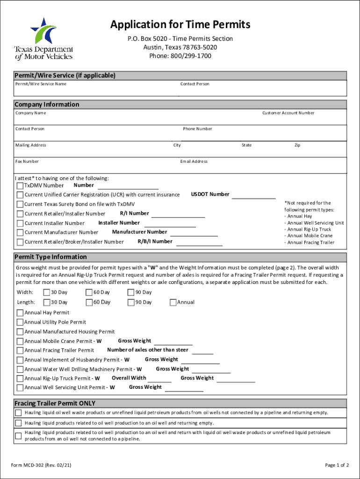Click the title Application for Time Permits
[x=180, y=24]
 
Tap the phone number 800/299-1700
[x=180, y=56]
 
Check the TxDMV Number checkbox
[x=20, y=186]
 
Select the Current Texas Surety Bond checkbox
[x=20, y=204]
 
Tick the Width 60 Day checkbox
[x=89, y=292]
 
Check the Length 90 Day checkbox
[x=131, y=302]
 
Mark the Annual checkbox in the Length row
[x=173, y=302]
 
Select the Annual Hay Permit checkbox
[x=20, y=312]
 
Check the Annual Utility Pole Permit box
[x=20, y=322]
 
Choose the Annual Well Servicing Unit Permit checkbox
[x=20, y=388]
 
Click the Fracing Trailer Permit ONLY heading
[x=55, y=403]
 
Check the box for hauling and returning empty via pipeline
[x=18, y=413]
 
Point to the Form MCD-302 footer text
[x=41, y=465]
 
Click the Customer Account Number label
[x=288, y=113]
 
